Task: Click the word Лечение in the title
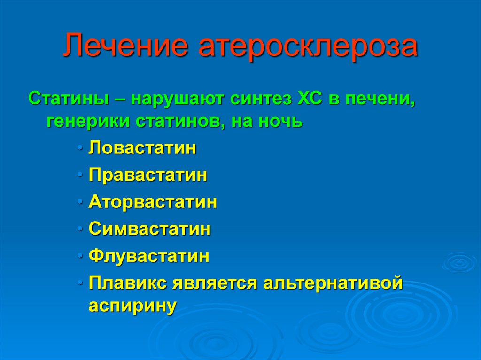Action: (126, 46)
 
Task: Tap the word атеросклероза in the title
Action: (308, 46)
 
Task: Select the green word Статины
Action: (69, 99)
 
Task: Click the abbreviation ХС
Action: (310, 99)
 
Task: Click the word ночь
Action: (280, 121)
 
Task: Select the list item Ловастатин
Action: (142, 148)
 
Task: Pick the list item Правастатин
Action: (148, 175)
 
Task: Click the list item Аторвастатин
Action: (153, 202)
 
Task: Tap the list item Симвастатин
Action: (150, 229)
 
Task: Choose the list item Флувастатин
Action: (149, 256)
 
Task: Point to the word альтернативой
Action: (333, 283)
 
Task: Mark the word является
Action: (215, 283)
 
